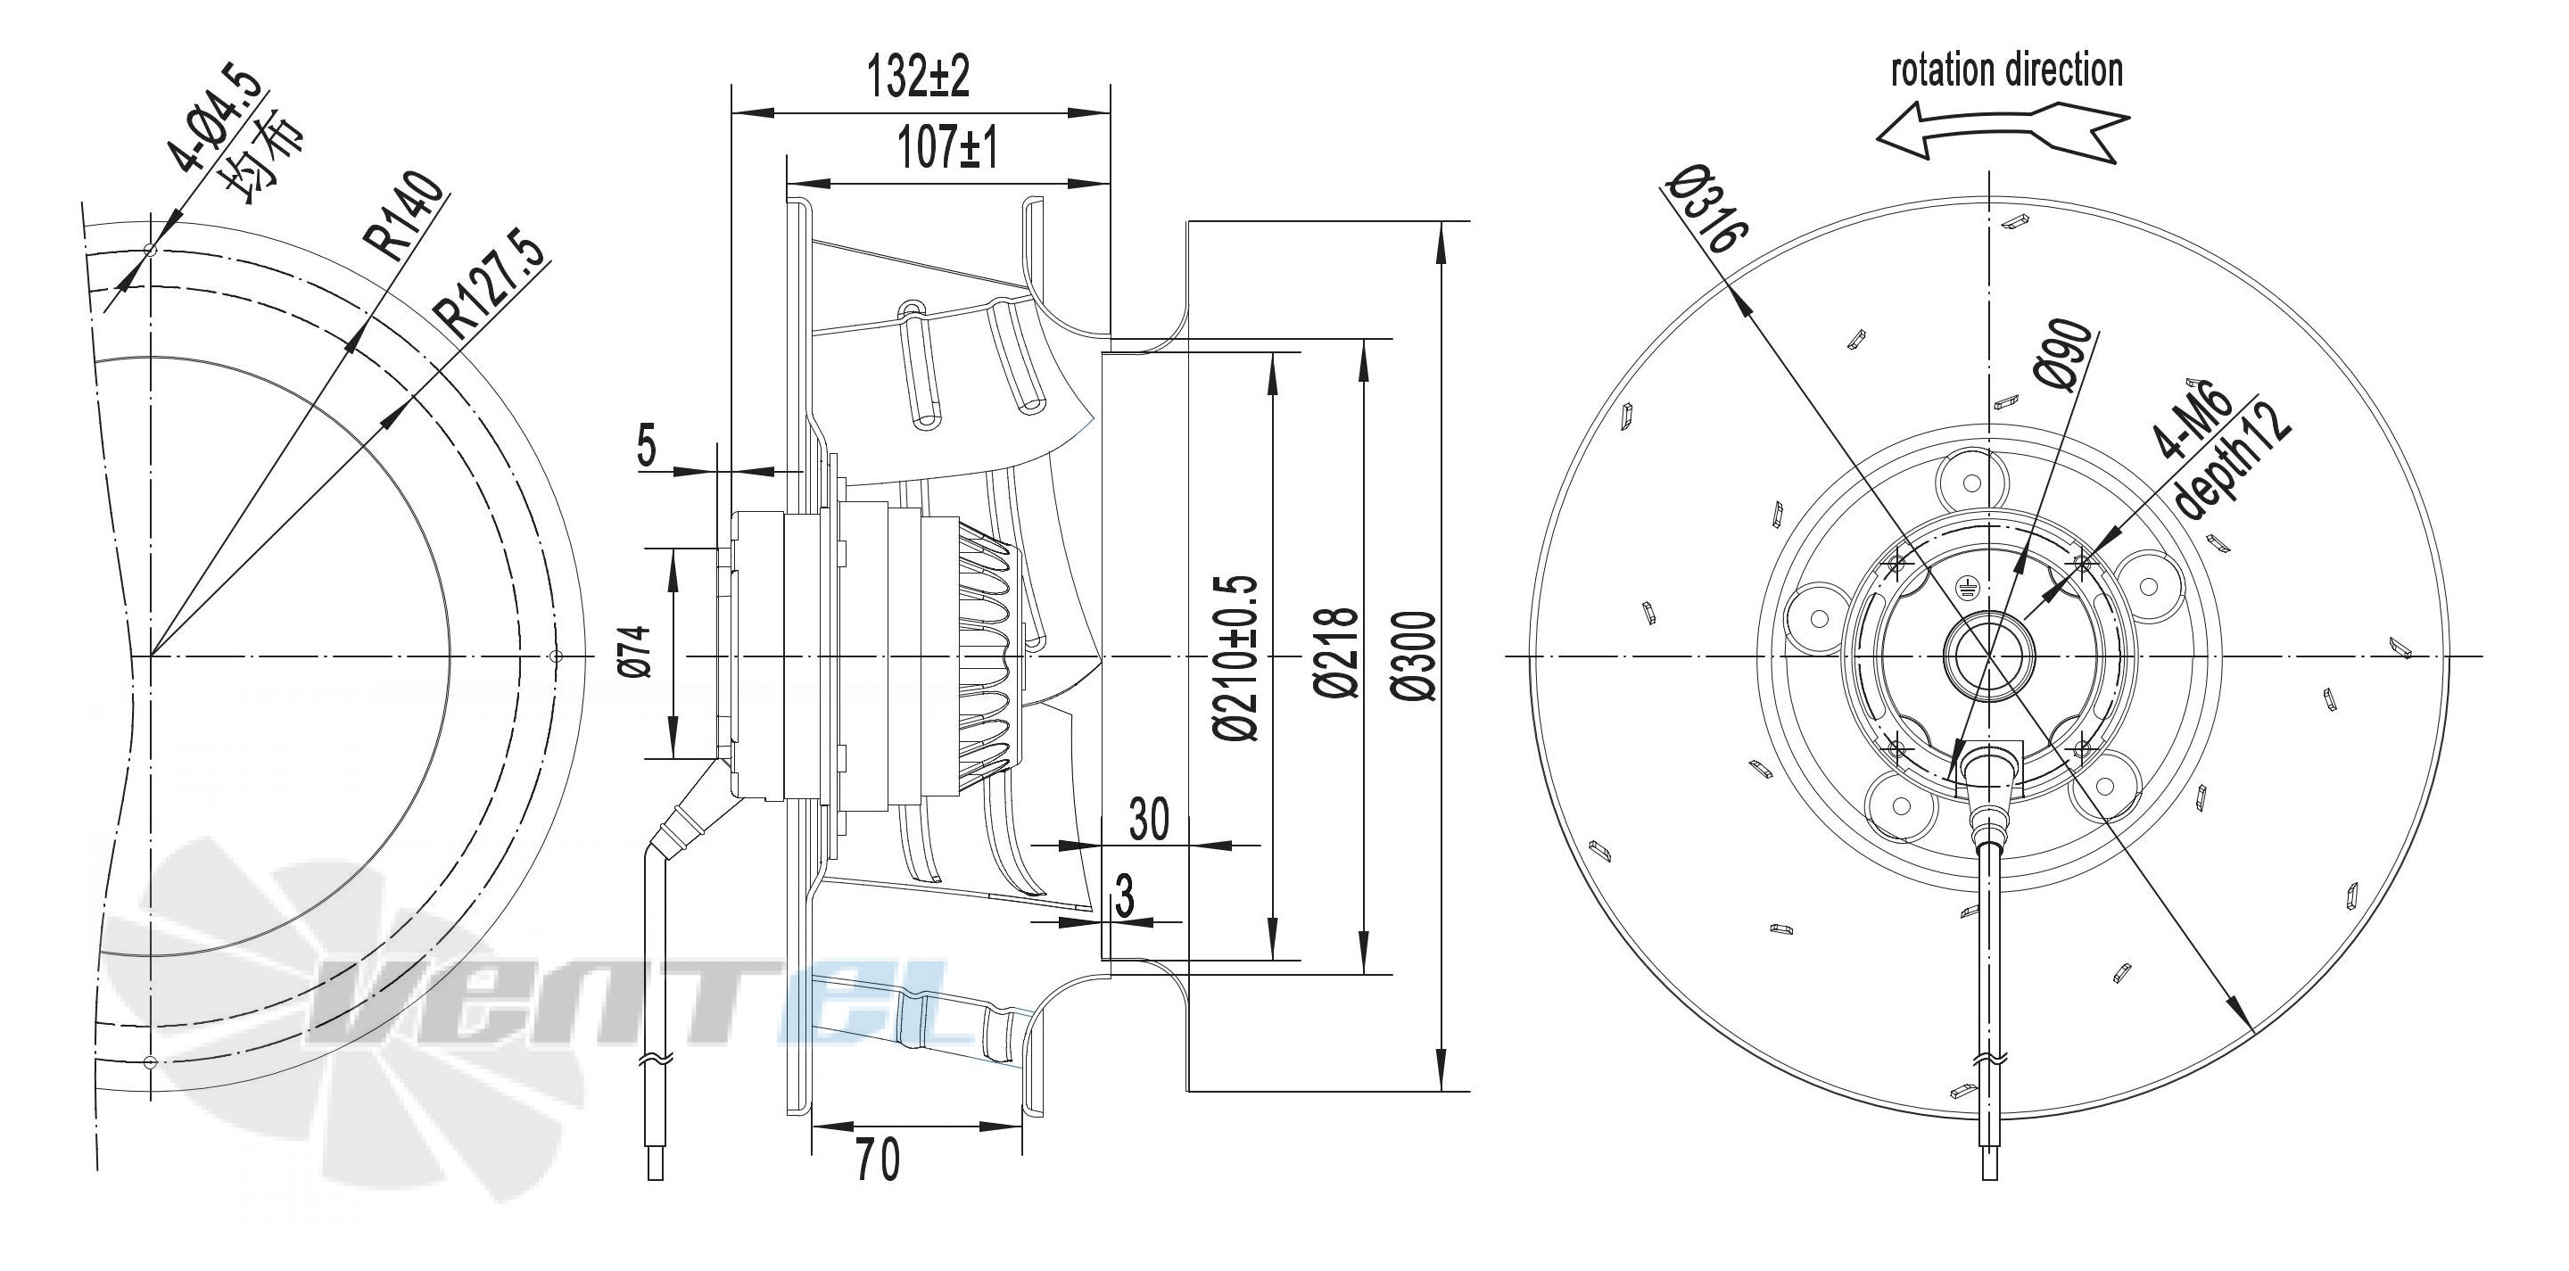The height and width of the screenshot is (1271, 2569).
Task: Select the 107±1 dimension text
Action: click(x=947, y=150)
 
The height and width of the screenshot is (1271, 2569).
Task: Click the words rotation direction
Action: click(x=2006, y=70)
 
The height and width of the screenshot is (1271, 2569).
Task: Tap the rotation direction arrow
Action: click(x=2002, y=136)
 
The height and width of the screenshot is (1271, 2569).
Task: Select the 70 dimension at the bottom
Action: click(x=878, y=1159)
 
